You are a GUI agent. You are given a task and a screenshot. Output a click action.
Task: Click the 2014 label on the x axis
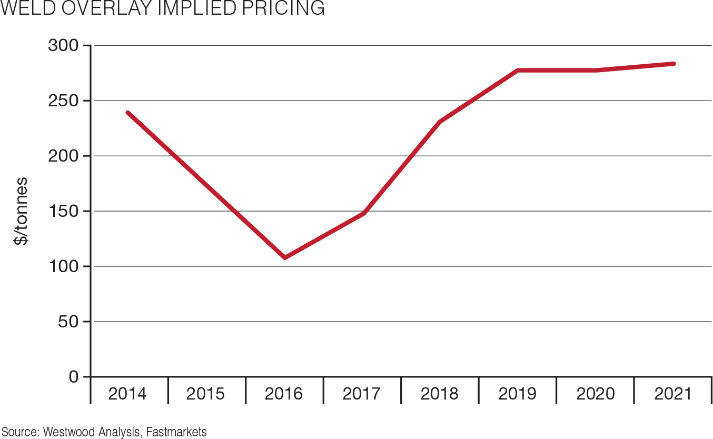coord(127,394)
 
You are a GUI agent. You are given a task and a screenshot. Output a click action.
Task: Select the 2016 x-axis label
coord(283,394)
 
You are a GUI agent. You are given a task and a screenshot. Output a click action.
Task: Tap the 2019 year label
coord(517,394)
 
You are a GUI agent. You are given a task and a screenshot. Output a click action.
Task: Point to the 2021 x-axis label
coord(673,394)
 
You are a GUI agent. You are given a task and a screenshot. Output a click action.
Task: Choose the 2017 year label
coord(361,394)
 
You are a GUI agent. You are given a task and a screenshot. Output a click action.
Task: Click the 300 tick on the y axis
coord(63,46)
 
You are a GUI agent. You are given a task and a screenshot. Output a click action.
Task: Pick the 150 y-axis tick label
coord(63,211)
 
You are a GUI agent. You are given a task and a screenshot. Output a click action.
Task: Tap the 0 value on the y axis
coord(73,377)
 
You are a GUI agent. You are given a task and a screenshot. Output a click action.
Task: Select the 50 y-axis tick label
coord(68,322)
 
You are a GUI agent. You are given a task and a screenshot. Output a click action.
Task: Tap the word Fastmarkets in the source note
coord(176,432)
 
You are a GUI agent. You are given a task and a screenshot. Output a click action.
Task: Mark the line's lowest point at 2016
coord(285,257)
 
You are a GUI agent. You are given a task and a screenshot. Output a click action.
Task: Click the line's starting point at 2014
coord(128,113)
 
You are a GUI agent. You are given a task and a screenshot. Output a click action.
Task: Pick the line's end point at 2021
coord(674,64)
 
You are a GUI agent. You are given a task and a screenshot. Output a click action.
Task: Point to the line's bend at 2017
coord(363,213)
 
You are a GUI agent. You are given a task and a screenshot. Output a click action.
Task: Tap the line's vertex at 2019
coord(518,70)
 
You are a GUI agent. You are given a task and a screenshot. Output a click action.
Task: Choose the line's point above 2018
coord(440,122)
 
